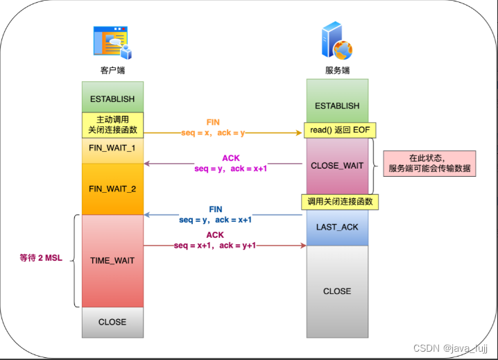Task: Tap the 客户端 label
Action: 112,71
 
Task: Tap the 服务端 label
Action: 337,71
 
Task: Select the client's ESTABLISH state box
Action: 112,98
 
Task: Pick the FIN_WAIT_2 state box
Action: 112,189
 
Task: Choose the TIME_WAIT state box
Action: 112,261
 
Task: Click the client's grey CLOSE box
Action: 112,322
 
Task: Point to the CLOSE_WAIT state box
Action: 337,166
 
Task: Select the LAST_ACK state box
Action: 337,228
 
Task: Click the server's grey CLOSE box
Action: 337,291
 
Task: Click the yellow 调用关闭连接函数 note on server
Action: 340,202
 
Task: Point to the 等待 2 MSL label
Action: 41,258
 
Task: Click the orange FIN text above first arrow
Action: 213,122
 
